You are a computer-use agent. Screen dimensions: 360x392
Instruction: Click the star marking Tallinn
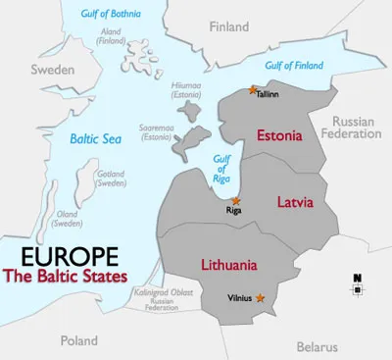tap(253, 90)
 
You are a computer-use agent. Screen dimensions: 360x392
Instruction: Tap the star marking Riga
tap(234, 200)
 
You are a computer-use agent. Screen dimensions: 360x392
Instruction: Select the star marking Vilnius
tap(260, 297)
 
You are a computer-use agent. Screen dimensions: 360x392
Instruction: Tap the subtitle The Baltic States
tap(74, 278)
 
